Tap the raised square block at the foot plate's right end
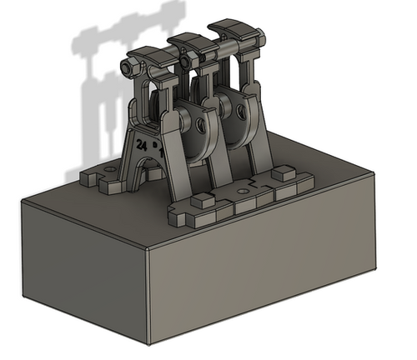(x=284, y=173)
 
